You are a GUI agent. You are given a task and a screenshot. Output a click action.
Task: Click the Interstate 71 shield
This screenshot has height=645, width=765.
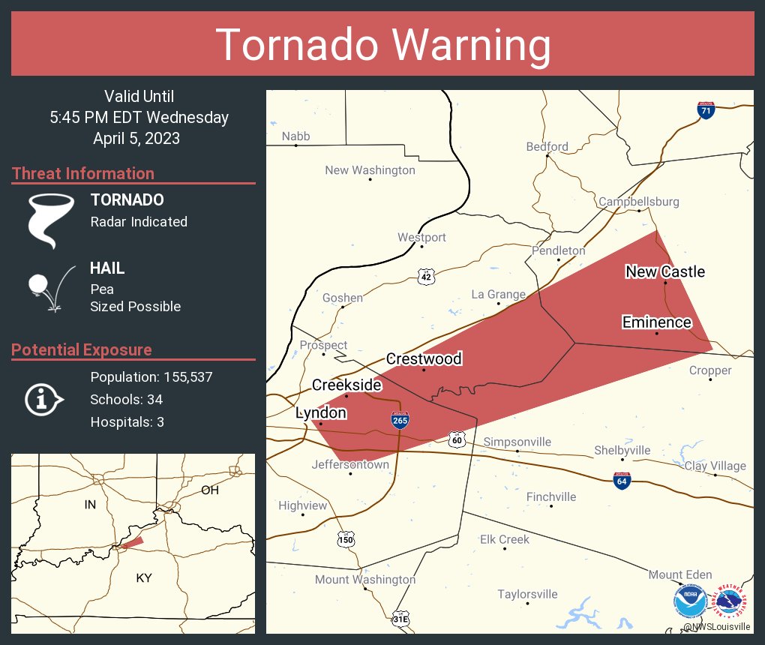pyautogui.click(x=705, y=109)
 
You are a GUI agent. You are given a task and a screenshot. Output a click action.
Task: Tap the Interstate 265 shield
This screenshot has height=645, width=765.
pyautogui.click(x=400, y=421)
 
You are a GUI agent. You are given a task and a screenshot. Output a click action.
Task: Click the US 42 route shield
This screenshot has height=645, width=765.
pyautogui.click(x=426, y=277)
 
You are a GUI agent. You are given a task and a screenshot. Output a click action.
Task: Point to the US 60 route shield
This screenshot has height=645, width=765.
pyautogui.click(x=457, y=439)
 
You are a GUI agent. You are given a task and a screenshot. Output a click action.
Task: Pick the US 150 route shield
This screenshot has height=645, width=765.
pyautogui.click(x=346, y=538)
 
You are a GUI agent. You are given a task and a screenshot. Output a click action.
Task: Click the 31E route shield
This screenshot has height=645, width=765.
pyautogui.click(x=400, y=619)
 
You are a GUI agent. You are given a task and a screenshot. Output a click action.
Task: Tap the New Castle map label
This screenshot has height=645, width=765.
pyautogui.click(x=665, y=271)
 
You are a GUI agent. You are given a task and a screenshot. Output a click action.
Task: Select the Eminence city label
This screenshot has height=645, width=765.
pyautogui.click(x=656, y=322)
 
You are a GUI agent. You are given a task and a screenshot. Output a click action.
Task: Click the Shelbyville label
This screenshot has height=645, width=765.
pyautogui.click(x=622, y=450)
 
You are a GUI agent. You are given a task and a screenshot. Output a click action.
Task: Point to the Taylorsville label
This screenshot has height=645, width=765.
pyautogui.click(x=527, y=594)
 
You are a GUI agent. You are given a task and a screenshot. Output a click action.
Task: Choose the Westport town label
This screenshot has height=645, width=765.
pyautogui.click(x=421, y=237)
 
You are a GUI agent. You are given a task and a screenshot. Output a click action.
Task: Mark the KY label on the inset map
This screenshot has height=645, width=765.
pyautogui.click(x=144, y=578)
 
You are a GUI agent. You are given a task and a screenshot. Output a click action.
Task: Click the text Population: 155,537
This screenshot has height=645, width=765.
pyautogui.click(x=151, y=376)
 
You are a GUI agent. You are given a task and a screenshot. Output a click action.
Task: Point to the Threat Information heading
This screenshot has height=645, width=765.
pyautogui.click(x=83, y=173)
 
